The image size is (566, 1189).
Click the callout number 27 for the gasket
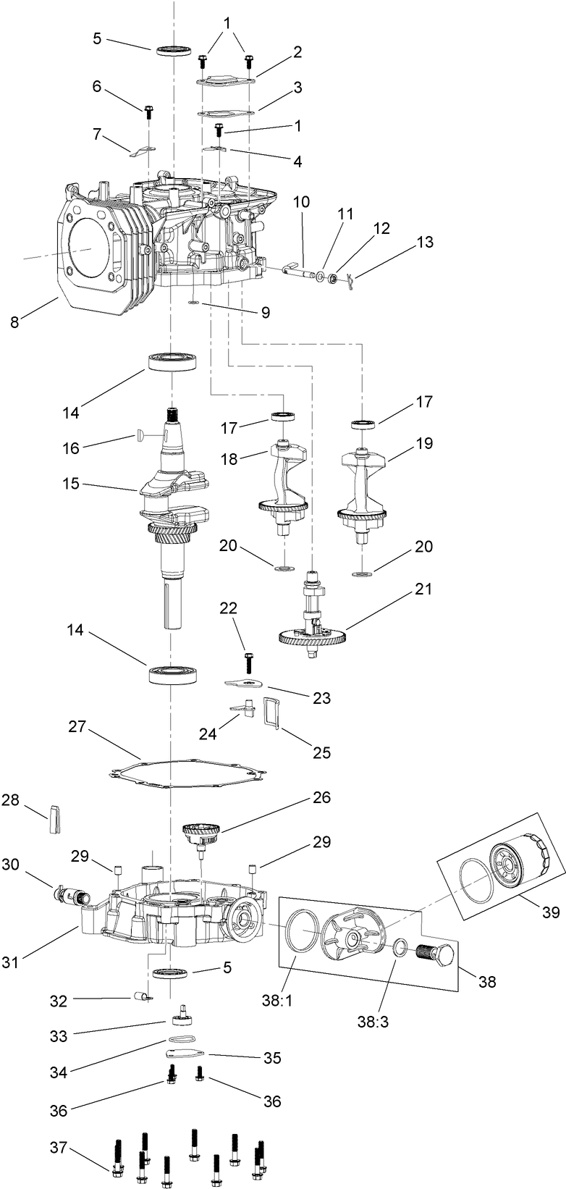[77, 726]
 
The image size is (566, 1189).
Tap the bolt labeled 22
[248, 661]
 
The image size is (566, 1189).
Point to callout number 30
[10, 864]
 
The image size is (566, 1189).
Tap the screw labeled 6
[148, 113]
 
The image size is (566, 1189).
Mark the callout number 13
[425, 242]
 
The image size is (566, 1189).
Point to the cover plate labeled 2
[225, 82]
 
